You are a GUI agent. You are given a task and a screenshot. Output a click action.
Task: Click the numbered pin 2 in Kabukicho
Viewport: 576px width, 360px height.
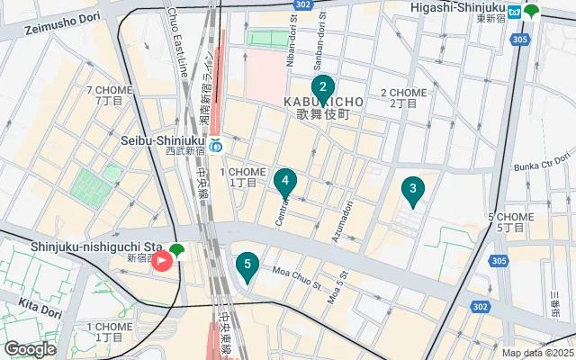(x=322, y=88)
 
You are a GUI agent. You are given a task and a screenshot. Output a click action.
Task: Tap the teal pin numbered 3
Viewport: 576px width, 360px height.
(x=412, y=189)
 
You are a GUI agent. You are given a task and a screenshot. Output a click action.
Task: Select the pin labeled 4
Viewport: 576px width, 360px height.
(x=285, y=182)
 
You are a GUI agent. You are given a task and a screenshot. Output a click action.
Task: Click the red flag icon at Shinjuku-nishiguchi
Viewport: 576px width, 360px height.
(x=162, y=262)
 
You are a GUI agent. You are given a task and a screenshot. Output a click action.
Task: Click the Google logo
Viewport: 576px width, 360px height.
(x=31, y=349)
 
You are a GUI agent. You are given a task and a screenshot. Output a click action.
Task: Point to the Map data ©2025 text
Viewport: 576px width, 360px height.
(x=537, y=354)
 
